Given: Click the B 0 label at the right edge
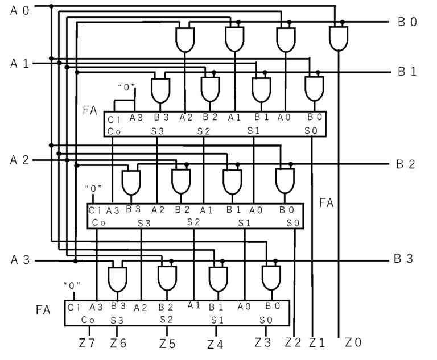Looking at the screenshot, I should point(407,23).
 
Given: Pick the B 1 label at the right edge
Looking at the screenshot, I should point(407,72).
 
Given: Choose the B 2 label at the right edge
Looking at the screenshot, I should point(406,165).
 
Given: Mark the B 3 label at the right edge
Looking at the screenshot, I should point(404,259).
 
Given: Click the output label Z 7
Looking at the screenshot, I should point(86,343).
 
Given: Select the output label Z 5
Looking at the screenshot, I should point(167,343).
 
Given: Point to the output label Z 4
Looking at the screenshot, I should point(215,344).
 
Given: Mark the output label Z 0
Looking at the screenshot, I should point(353,342).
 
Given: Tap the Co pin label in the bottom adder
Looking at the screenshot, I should point(88,320).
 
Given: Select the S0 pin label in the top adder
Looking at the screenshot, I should point(311,131).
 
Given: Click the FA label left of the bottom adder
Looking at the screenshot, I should point(44,310).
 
